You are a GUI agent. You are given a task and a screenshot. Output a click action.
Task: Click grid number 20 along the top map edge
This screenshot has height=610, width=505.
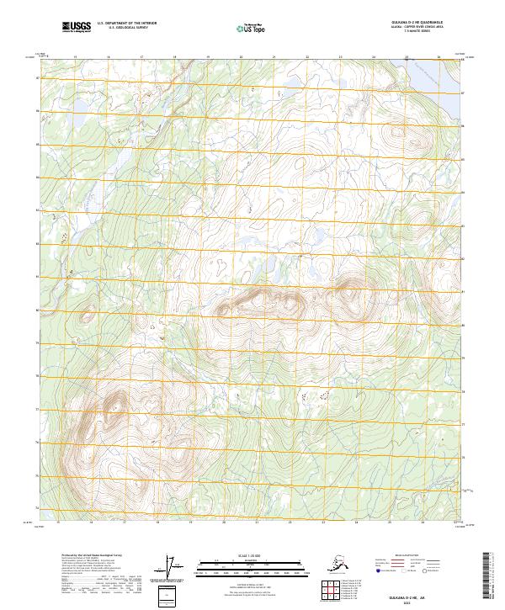pyautogui.click(x=242, y=57)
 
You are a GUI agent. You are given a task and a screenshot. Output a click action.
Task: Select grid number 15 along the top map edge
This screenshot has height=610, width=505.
pyautogui.click(x=76, y=57)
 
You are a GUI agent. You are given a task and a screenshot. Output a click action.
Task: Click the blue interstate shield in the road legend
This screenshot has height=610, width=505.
pyautogui.click(x=383, y=570)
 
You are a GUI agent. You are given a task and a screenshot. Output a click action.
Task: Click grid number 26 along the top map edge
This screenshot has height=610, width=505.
pyautogui.click(x=439, y=57)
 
